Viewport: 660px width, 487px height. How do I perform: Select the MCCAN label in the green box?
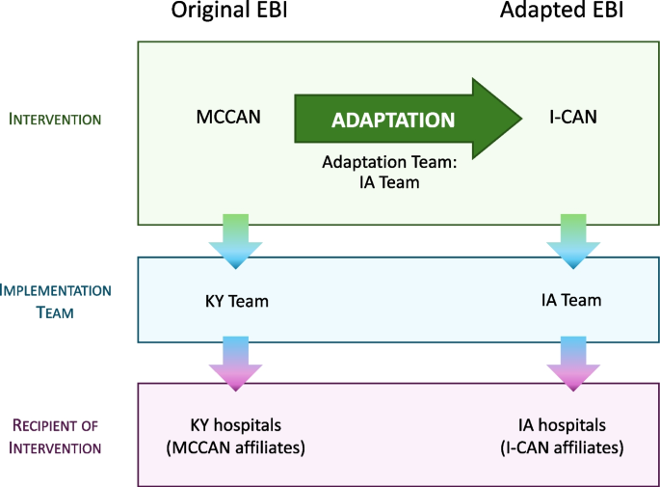(x=227, y=119)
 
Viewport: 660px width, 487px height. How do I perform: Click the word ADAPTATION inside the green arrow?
(x=393, y=121)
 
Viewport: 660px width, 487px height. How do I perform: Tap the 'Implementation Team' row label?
(x=56, y=300)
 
